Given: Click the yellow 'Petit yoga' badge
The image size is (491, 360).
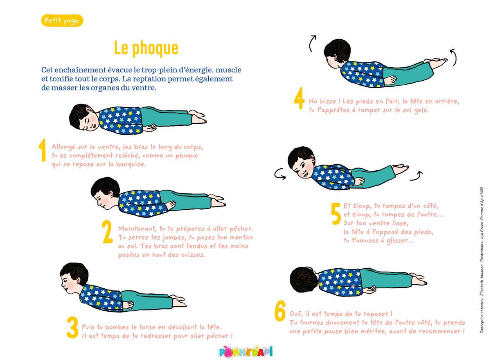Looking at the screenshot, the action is click(62, 20).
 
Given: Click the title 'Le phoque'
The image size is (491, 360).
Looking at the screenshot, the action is click(146, 48).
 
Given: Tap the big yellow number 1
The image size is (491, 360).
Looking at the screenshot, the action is click(43, 150).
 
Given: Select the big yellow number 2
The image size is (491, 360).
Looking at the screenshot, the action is click(107, 232).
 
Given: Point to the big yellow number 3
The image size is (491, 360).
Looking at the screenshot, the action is click(72, 327).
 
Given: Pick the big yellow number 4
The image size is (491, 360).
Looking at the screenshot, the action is click(299, 98).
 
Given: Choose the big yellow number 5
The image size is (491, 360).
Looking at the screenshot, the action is click(336, 214).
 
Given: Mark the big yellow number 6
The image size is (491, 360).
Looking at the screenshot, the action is click(280, 310).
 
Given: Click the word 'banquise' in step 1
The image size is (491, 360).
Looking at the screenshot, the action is click(131, 164).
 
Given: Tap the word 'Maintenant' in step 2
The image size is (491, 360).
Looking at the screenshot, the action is click(137, 229).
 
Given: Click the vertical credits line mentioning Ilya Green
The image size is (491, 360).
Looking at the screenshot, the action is click(482, 260).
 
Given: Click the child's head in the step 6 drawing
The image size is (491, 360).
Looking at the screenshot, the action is click(304, 280).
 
